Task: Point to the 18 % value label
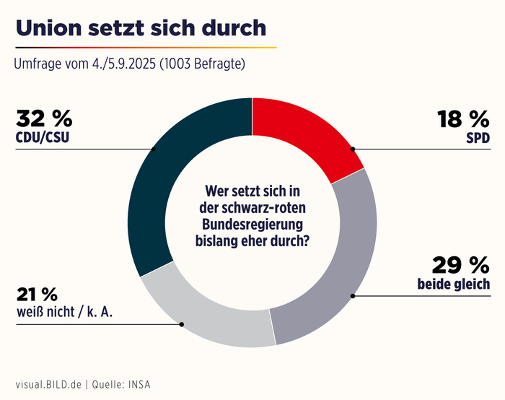(463, 119)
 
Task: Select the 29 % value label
(462, 264)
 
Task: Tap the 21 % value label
(36, 295)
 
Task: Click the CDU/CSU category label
(44, 136)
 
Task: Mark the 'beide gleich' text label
(454, 284)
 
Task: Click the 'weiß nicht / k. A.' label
(65, 312)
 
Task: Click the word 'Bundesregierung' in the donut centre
(252, 223)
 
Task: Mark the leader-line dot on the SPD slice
(352, 149)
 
